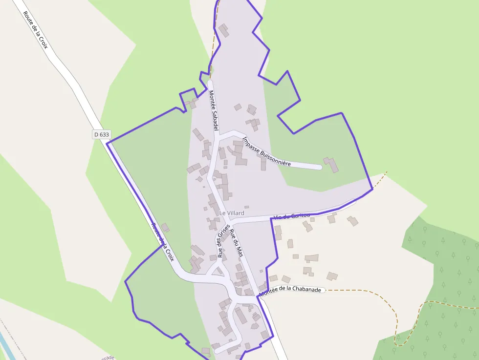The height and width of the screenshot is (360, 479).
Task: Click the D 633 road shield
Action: click(x=101, y=134)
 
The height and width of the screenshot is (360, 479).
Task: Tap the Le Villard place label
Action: click(x=231, y=213)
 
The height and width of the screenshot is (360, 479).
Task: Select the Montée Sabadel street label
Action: click(x=213, y=110)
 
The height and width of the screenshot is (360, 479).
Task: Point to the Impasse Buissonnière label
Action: click(x=266, y=151)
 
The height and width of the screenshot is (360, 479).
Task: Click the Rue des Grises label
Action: click(x=223, y=243)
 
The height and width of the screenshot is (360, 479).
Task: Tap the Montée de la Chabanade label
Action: click(x=290, y=290)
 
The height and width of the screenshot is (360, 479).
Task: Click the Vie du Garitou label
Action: click(x=292, y=216)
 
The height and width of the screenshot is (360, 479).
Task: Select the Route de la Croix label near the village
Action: click(x=162, y=242)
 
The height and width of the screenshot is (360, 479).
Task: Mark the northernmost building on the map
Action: click(x=223, y=31)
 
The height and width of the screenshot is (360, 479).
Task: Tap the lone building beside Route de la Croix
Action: click(x=165, y=227)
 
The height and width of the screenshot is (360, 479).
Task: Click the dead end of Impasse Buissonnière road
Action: click(x=319, y=167)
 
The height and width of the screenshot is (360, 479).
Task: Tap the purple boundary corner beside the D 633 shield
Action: click(x=107, y=143)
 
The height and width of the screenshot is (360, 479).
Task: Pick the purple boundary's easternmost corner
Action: click(x=372, y=189)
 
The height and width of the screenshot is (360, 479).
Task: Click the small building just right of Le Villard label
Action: click(x=247, y=207)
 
